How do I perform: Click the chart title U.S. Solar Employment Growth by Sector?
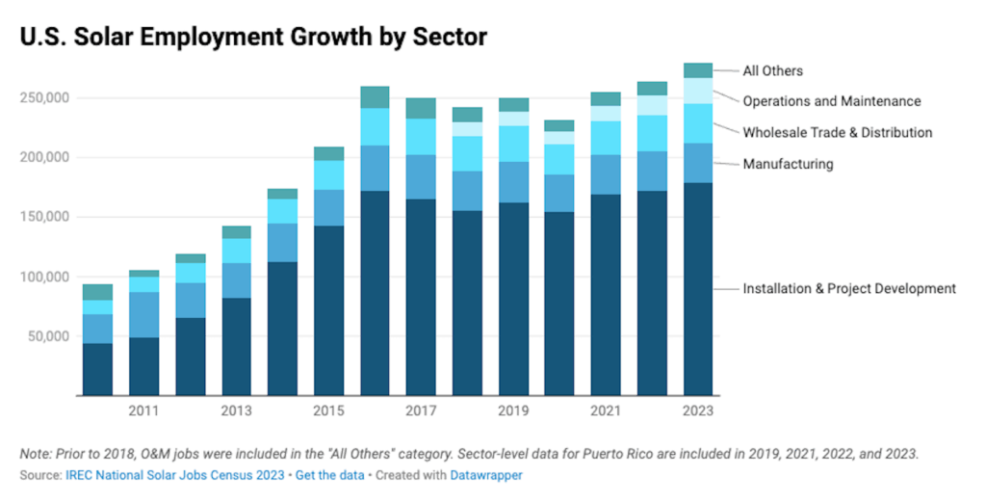coord(253,37)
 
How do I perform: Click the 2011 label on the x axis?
coord(143,411)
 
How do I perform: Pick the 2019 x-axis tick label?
coord(513,411)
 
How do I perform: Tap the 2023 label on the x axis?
coord(698,411)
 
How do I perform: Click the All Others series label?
coord(772,70)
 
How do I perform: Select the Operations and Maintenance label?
coord(831,101)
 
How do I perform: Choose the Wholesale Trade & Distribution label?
coord(837,132)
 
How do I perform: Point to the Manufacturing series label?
coord(788,164)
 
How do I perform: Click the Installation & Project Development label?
coord(848,288)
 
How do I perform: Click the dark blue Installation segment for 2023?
coord(698,289)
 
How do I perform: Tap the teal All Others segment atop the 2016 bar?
coord(375,97)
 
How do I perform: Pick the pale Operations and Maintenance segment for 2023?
coord(698,91)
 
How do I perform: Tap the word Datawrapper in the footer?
coord(481,475)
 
